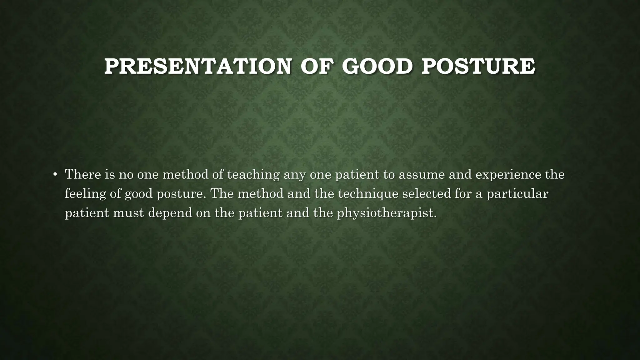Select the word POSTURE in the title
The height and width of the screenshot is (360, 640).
pos(478,67)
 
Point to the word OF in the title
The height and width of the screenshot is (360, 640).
pos(316,67)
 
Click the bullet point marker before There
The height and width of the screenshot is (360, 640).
pos(55,175)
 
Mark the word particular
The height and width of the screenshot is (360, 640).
pos(517,194)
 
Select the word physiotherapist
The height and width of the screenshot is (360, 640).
pos(387,213)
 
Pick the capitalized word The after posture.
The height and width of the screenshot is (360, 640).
pos(222,193)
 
